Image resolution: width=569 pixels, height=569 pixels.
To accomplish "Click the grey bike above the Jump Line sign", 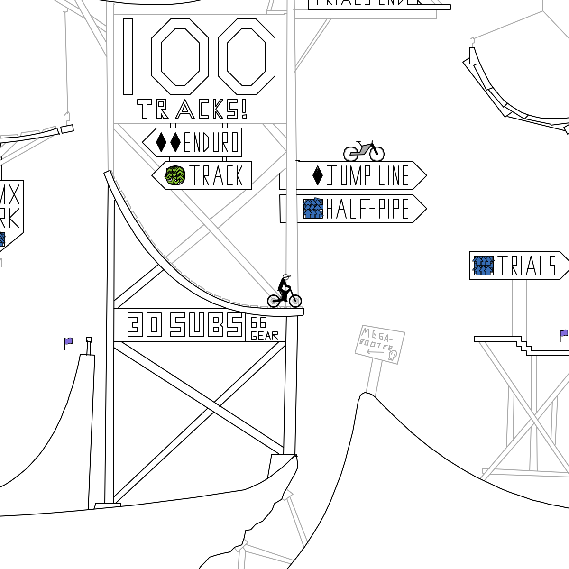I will point(364,150).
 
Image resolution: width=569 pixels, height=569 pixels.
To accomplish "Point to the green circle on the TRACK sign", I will point(175,175).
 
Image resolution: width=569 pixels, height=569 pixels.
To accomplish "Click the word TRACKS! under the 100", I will point(192,110).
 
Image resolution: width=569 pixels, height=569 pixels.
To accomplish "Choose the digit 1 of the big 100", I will point(128,57).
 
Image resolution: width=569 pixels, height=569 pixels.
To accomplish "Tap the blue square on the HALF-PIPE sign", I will point(313,209).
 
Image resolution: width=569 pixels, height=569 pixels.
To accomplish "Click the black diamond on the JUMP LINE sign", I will point(318,175).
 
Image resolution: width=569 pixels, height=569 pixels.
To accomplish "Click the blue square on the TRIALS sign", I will point(484,266).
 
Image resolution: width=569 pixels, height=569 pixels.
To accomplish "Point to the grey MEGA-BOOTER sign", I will point(380,344).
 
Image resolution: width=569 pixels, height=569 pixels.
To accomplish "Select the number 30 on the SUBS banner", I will point(145,325).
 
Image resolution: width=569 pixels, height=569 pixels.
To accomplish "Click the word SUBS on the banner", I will point(207,325).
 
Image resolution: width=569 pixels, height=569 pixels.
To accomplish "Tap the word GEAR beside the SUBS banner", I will point(265,336).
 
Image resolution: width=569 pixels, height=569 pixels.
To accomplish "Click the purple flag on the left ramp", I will point(69,341).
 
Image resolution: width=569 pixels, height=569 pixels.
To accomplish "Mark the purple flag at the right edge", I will point(564,333).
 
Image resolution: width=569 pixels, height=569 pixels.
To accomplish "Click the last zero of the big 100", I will point(247,57).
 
